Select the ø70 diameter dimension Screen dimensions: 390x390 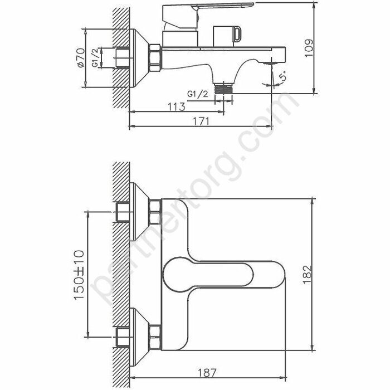point(82,57)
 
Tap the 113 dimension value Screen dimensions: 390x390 point(176,106)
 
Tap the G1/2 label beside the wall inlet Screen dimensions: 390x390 point(96,57)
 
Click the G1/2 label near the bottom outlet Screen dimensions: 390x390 point(198,93)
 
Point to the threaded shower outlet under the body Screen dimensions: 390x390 point(223,89)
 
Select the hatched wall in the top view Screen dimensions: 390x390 point(121,56)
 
